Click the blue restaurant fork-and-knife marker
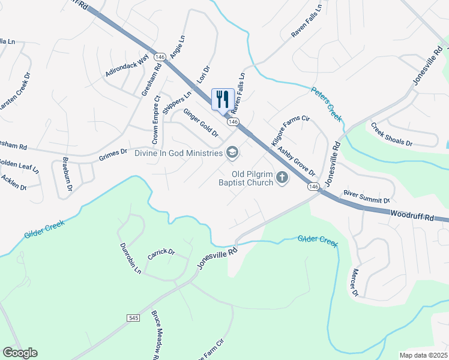(x=223, y=100)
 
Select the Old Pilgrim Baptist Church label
(x=245, y=178)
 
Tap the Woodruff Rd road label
(x=411, y=214)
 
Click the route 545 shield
(x=133, y=317)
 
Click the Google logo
(x=20, y=353)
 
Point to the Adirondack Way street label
(x=127, y=65)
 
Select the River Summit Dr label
(x=367, y=196)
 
